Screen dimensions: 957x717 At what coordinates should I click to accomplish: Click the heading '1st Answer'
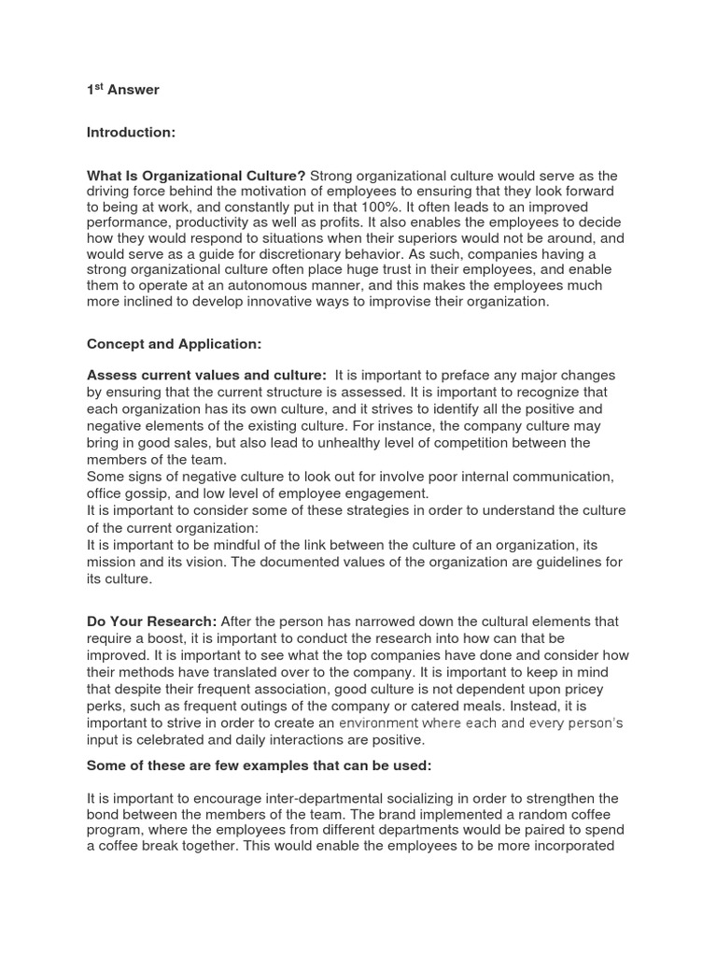pos(122,90)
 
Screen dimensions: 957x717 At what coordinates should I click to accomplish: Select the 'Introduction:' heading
pos(131,133)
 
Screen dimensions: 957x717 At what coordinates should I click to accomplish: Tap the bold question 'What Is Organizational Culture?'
pos(196,176)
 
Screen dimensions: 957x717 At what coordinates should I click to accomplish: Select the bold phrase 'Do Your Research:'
pos(151,621)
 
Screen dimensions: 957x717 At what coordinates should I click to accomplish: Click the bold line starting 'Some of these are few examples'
pos(258,765)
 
